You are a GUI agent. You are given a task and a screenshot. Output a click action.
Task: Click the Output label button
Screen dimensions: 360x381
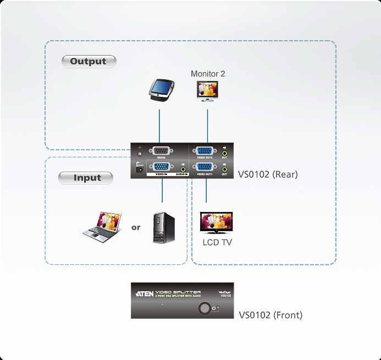click(x=89, y=61)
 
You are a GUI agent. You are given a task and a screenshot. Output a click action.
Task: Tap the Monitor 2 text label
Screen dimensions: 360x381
click(x=208, y=74)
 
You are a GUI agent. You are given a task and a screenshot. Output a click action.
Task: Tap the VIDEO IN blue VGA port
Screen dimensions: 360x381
click(x=162, y=167)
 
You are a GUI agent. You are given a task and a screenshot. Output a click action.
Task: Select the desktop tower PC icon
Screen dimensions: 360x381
click(x=163, y=227)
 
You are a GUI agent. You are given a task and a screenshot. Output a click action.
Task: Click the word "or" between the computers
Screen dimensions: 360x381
click(x=136, y=227)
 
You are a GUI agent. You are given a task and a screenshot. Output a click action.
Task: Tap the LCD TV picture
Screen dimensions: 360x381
click(x=216, y=223)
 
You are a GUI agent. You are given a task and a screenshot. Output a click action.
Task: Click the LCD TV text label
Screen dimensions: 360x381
click(x=217, y=242)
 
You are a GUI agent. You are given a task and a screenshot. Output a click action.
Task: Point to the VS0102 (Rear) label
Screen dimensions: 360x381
click(x=268, y=175)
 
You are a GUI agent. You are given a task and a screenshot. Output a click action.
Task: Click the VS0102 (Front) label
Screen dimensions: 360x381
click(x=270, y=315)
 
